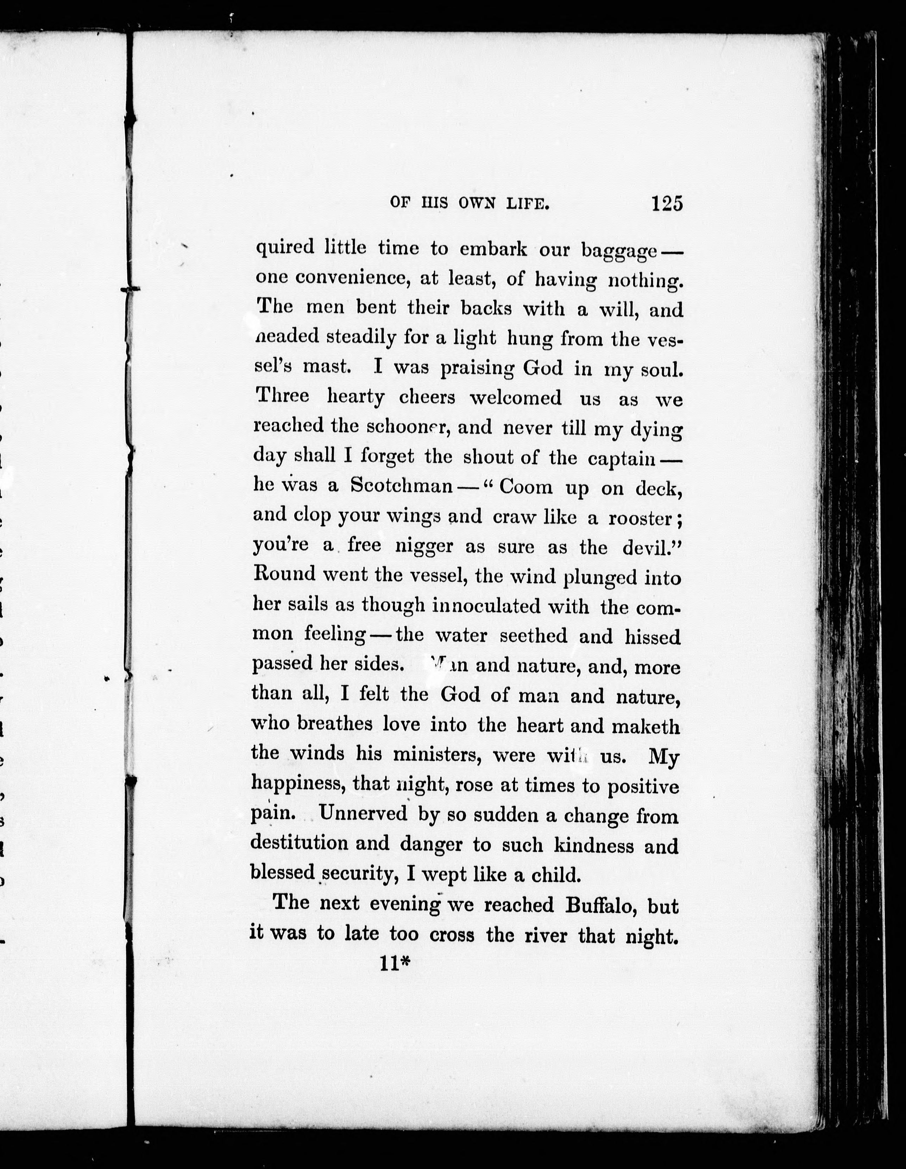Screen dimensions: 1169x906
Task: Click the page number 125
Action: pos(667,204)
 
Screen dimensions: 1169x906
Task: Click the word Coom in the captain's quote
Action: pos(526,487)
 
